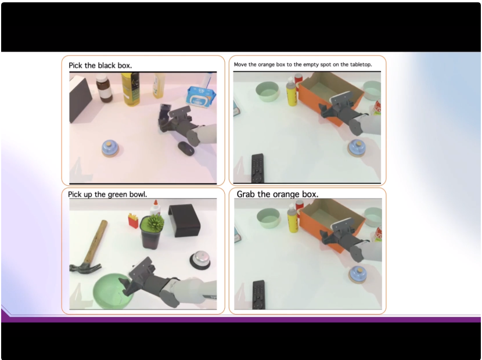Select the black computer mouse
pos(186,149)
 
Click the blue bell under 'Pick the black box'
pos(110,149)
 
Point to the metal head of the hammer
pos(85,268)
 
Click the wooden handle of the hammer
pos(96,242)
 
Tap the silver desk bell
pos(200,260)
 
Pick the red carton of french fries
pos(133,221)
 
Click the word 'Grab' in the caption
pos(246,195)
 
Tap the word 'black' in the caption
pos(107,66)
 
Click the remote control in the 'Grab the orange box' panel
pos(258,294)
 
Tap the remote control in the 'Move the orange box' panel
pos(258,168)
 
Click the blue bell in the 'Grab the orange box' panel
pos(358,275)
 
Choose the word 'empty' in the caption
pos(311,65)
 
